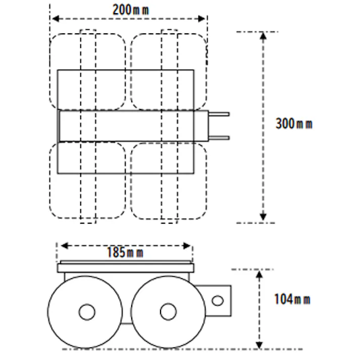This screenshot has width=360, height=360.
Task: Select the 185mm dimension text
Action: coord(125,252)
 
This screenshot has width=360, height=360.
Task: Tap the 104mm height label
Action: coord(292,299)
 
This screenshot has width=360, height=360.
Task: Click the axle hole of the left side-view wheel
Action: coord(87,312)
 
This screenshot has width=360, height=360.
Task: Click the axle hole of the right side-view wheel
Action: coord(168,312)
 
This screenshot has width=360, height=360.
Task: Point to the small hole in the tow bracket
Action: coord(218,301)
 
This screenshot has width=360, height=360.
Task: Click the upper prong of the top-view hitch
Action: coord(220,115)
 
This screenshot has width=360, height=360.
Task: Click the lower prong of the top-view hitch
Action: coord(220,137)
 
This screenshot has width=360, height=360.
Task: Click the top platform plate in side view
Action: coord(125,268)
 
